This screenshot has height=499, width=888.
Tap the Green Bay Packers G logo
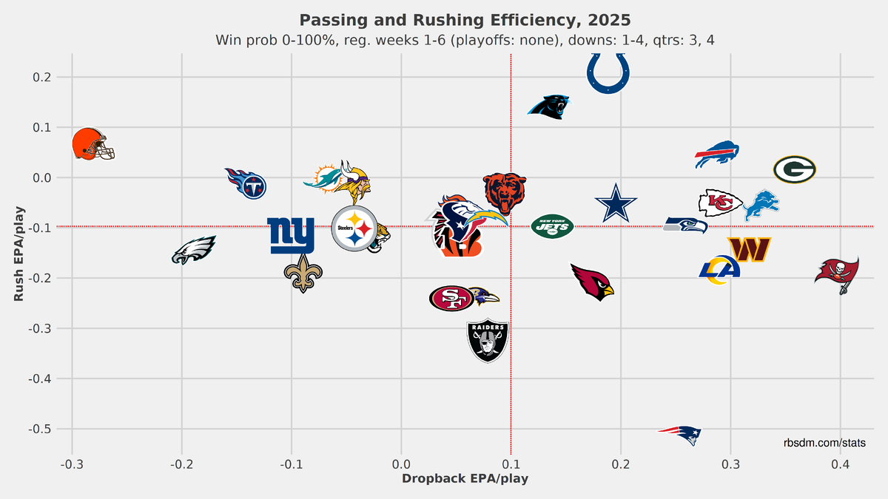[794, 170]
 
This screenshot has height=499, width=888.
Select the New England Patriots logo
[680, 434]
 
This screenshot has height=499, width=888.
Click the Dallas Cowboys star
[616, 203]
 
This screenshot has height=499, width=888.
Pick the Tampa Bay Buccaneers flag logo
[837, 274]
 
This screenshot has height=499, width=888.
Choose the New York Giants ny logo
[291, 235]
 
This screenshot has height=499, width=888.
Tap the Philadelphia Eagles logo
[193, 250]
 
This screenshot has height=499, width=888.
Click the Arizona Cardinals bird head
[593, 282]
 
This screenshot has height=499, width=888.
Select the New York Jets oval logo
[552, 226]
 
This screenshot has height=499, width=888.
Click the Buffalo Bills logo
[716, 154]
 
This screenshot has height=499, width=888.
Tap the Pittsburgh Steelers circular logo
[354, 228]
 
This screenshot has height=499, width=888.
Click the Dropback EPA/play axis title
[464, 478]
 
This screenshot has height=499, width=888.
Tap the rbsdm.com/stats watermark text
[825, 443]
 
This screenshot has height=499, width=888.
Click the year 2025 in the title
[605, 19]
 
